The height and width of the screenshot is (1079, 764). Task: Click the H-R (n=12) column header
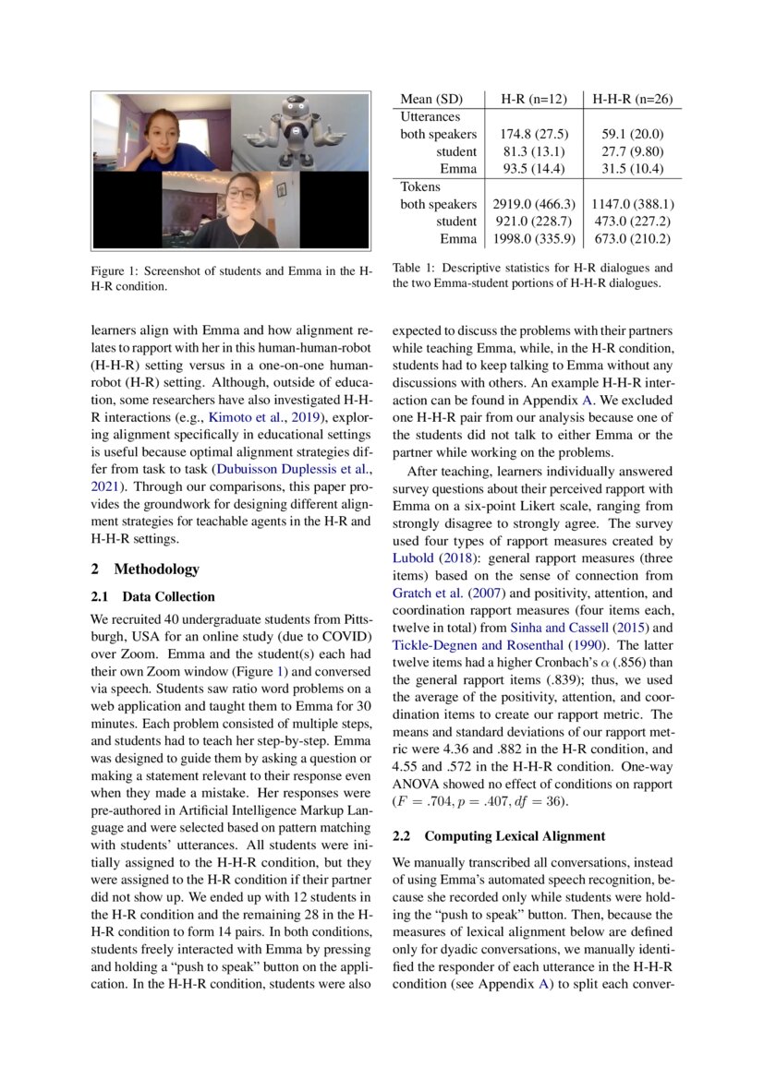534,99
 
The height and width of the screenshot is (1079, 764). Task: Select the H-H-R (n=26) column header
632,99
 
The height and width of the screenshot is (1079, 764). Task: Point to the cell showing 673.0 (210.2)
632,239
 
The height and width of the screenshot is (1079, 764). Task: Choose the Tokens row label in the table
421,186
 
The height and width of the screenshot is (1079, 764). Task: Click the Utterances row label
430,116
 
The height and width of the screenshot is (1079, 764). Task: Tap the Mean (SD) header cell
431,99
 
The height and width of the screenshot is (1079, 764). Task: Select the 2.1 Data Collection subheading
153,596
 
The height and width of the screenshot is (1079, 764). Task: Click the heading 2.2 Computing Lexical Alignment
499,836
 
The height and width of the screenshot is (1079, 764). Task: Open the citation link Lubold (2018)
432,557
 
